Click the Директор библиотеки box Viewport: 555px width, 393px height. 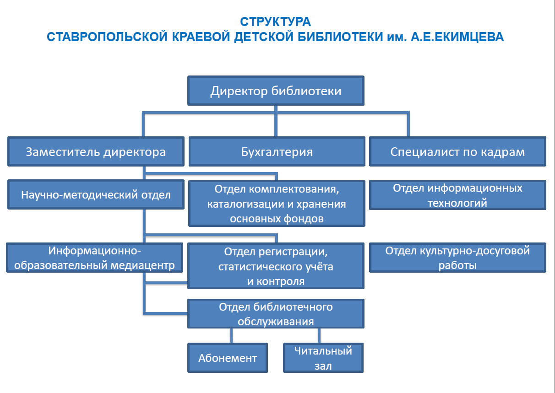click(276, 91)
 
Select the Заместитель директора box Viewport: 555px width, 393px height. click(96, 151)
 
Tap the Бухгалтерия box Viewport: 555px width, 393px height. click(277, 151)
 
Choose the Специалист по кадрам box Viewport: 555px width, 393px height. click(457, 151)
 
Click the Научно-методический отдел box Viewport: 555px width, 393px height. click(96, 194)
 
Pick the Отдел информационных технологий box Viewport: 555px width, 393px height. click(457, 195)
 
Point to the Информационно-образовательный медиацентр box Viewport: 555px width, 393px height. click(94, 258)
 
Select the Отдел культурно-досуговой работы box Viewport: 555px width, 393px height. click(457, 258)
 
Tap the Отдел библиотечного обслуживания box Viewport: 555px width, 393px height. click(276, 313)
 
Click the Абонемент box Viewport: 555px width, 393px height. click(228, 358)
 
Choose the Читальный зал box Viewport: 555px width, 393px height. click(323, 358)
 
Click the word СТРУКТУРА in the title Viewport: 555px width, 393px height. click(275, 22)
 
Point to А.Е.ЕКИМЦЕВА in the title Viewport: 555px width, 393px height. click(457, 37)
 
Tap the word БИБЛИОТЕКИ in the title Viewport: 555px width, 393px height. click(340, 37)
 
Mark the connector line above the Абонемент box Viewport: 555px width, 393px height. click(231, 336)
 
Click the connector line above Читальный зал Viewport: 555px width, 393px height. click(319, 336)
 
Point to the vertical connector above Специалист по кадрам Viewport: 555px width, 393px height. click(408, 124)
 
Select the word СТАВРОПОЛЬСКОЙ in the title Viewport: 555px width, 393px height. click(107, 37)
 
